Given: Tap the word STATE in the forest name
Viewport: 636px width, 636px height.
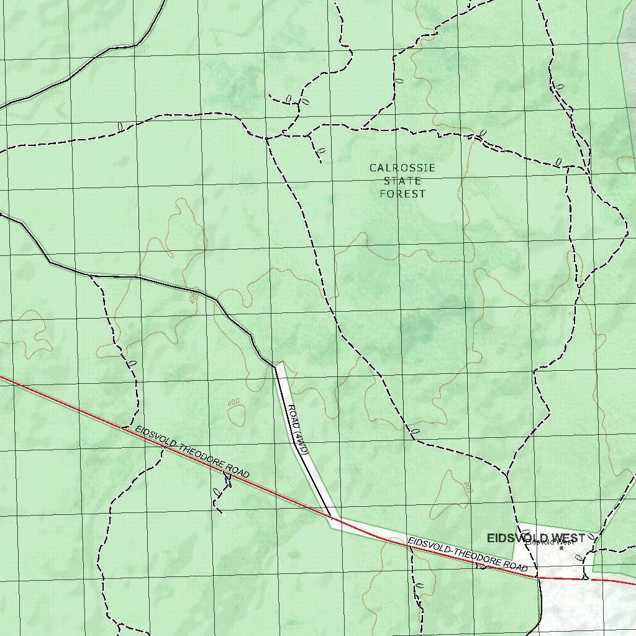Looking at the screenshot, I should click(402, 181).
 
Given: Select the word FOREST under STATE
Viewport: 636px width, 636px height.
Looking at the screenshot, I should click(402, 194).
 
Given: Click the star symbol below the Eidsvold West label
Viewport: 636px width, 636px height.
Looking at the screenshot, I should click(561, 548).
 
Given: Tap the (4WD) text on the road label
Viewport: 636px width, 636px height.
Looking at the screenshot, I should click(301, 443).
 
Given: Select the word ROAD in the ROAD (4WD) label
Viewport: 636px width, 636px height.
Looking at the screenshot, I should click(292, 416).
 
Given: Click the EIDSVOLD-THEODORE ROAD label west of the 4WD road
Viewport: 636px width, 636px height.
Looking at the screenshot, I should click(192, 454).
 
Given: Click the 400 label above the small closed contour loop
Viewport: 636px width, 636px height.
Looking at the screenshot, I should click(234, 402).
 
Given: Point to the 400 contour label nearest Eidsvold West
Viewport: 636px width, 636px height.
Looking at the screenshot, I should click(468, 488).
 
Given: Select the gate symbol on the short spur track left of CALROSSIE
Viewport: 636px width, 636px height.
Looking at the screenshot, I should click(320, 151).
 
